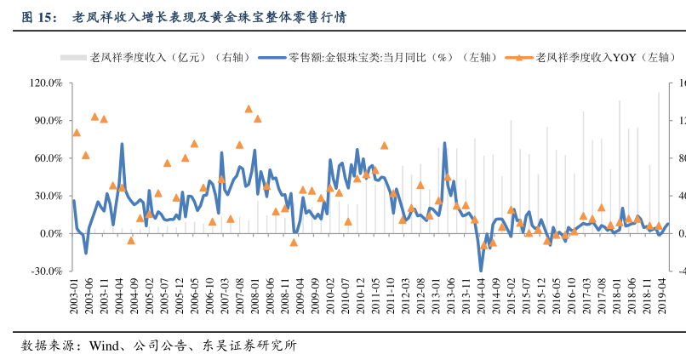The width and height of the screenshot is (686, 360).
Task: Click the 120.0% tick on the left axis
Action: tap(45, 83)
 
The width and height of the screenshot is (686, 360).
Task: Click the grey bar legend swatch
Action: tap(73, 58)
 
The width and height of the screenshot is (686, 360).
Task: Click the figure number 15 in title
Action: tap(45, 17)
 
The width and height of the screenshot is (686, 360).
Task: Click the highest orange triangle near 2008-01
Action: tap(249, 109)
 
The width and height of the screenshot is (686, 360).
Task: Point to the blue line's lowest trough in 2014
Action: tap(481, 270)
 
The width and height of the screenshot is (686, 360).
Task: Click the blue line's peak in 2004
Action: tap(122, 145)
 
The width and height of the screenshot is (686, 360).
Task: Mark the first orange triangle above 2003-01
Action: tap(77, 133)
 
